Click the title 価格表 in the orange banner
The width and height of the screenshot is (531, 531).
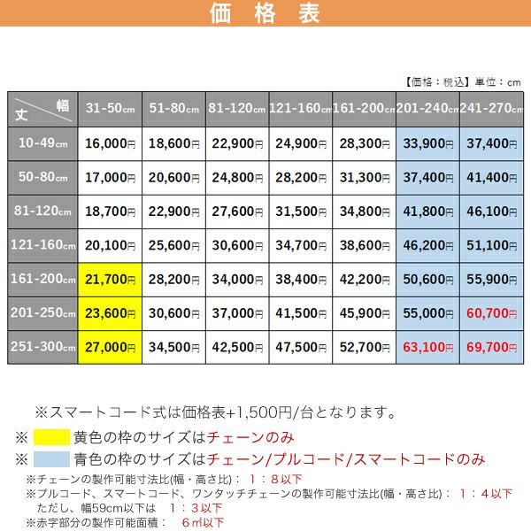pos(265,15)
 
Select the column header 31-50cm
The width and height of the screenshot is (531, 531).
pos(111,108)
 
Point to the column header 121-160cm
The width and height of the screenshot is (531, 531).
pos(301,108)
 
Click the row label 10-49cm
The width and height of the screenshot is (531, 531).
pos(44,142)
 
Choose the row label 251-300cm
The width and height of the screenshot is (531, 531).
pos(44,347)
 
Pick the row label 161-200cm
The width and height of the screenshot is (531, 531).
pos(44,280)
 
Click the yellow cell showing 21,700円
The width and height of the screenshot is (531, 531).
pos(111,280)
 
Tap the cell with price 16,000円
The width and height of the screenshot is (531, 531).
pos(111,142)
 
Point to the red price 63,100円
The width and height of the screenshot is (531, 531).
pos(427,347)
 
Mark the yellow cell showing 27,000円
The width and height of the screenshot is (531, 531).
pos(111,347)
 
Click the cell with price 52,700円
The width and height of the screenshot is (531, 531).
pos(364,347)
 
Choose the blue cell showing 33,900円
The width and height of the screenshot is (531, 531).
pos(427,142)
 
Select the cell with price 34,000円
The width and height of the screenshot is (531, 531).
pos(237,280)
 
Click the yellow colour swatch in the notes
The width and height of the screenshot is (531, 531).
pos(64,437)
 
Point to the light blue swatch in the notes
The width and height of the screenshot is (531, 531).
pos(64,459)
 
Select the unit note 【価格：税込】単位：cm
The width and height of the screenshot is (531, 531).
pos(463,81)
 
